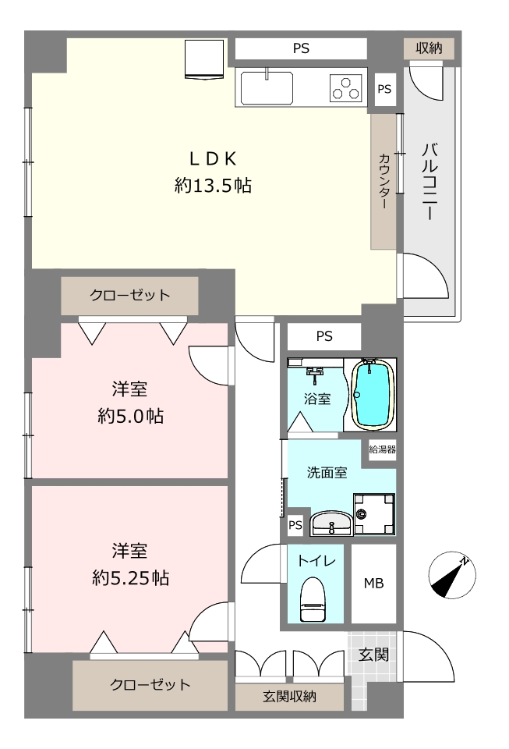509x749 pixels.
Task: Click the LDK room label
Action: click(x=213, y=158)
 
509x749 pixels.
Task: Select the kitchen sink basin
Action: click(x=267, y=88)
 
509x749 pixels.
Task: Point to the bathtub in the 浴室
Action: click(x=373, y=395)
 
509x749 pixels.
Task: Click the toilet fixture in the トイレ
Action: click(x=313, y=599)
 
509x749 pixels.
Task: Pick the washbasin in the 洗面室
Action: click(x=331, y=523)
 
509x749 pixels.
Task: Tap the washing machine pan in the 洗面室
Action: click(x=374, y=514)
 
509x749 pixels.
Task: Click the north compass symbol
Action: click(x=452, y=575)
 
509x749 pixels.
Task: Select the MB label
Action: click(x=373, y=584)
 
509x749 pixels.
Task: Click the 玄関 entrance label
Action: click(x=373, y=655)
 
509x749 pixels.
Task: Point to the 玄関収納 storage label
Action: click(x=289, y=697)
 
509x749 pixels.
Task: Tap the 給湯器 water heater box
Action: click(x=383, y=449)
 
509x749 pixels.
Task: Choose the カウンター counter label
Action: click(x=384, y=180)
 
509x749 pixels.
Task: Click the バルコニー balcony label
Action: click(x=429, y=182)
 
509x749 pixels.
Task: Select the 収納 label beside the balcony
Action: click(x=429, y=48)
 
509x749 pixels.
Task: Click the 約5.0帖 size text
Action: click(x=131, y=417)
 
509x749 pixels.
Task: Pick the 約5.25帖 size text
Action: click(x=131, y=578)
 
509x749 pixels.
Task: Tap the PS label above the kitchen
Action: click(x=301, y=48)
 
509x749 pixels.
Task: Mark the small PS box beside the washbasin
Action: click(x=295, y=525)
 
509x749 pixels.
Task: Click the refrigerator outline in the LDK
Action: click(x=204, y=59)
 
